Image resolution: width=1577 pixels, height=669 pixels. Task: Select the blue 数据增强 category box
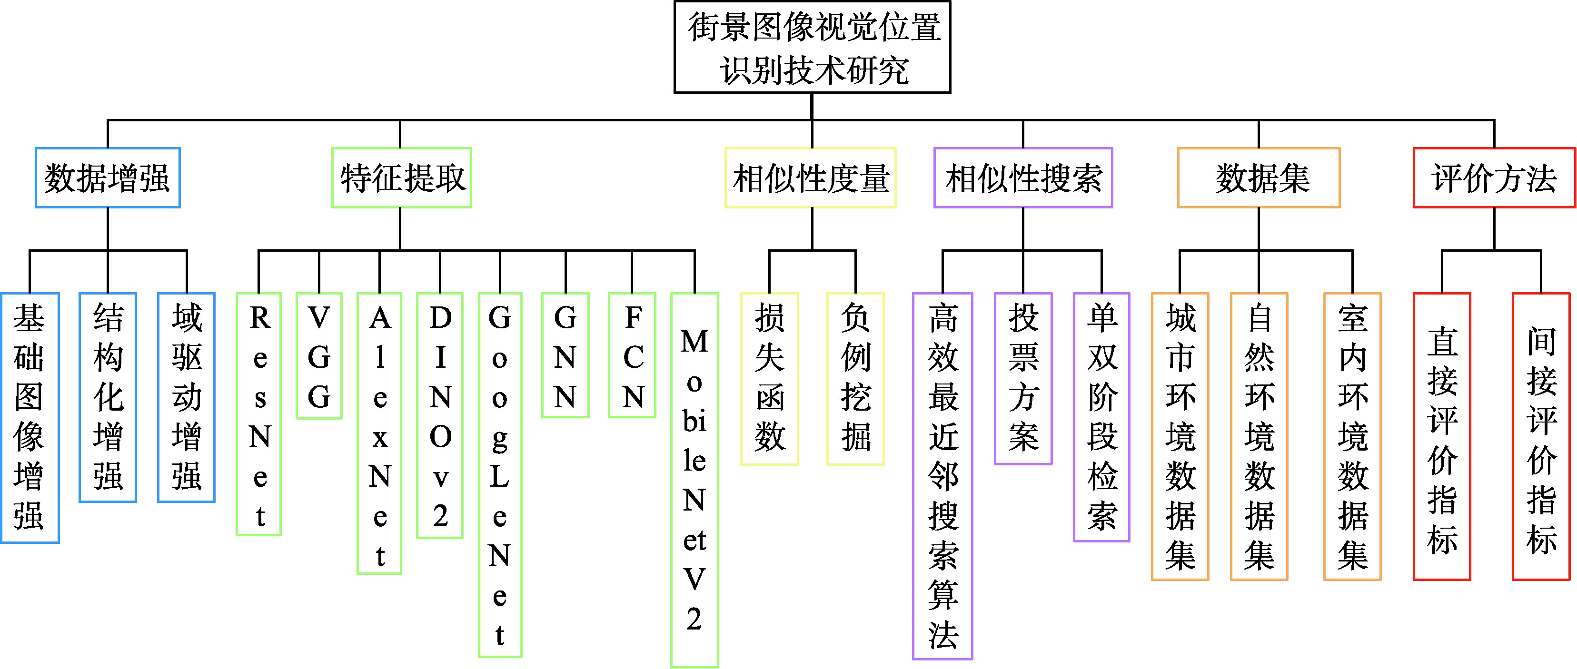pos(108,178)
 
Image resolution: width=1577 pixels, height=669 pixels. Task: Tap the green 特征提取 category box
pos(402,178)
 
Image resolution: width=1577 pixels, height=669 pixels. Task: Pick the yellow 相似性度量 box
pos(811,178)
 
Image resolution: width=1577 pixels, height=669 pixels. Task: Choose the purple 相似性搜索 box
pos(1023,178)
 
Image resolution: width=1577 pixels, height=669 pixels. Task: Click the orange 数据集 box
pos(1259,178)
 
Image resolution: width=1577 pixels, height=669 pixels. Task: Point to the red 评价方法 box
pos(1494,178)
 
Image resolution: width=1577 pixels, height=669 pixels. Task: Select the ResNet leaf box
pos(259,414)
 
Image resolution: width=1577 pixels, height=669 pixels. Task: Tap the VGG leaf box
pos(319,356)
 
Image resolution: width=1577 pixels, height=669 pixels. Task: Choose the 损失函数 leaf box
pos(770,379)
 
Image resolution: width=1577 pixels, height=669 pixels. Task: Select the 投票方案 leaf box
pos(1023,379)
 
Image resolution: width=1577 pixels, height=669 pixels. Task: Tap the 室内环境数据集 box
pos(1352,436)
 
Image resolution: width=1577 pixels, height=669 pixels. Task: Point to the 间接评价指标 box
pos(1541,436)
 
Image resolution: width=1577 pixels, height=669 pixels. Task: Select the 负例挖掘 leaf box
pos(855,379)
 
